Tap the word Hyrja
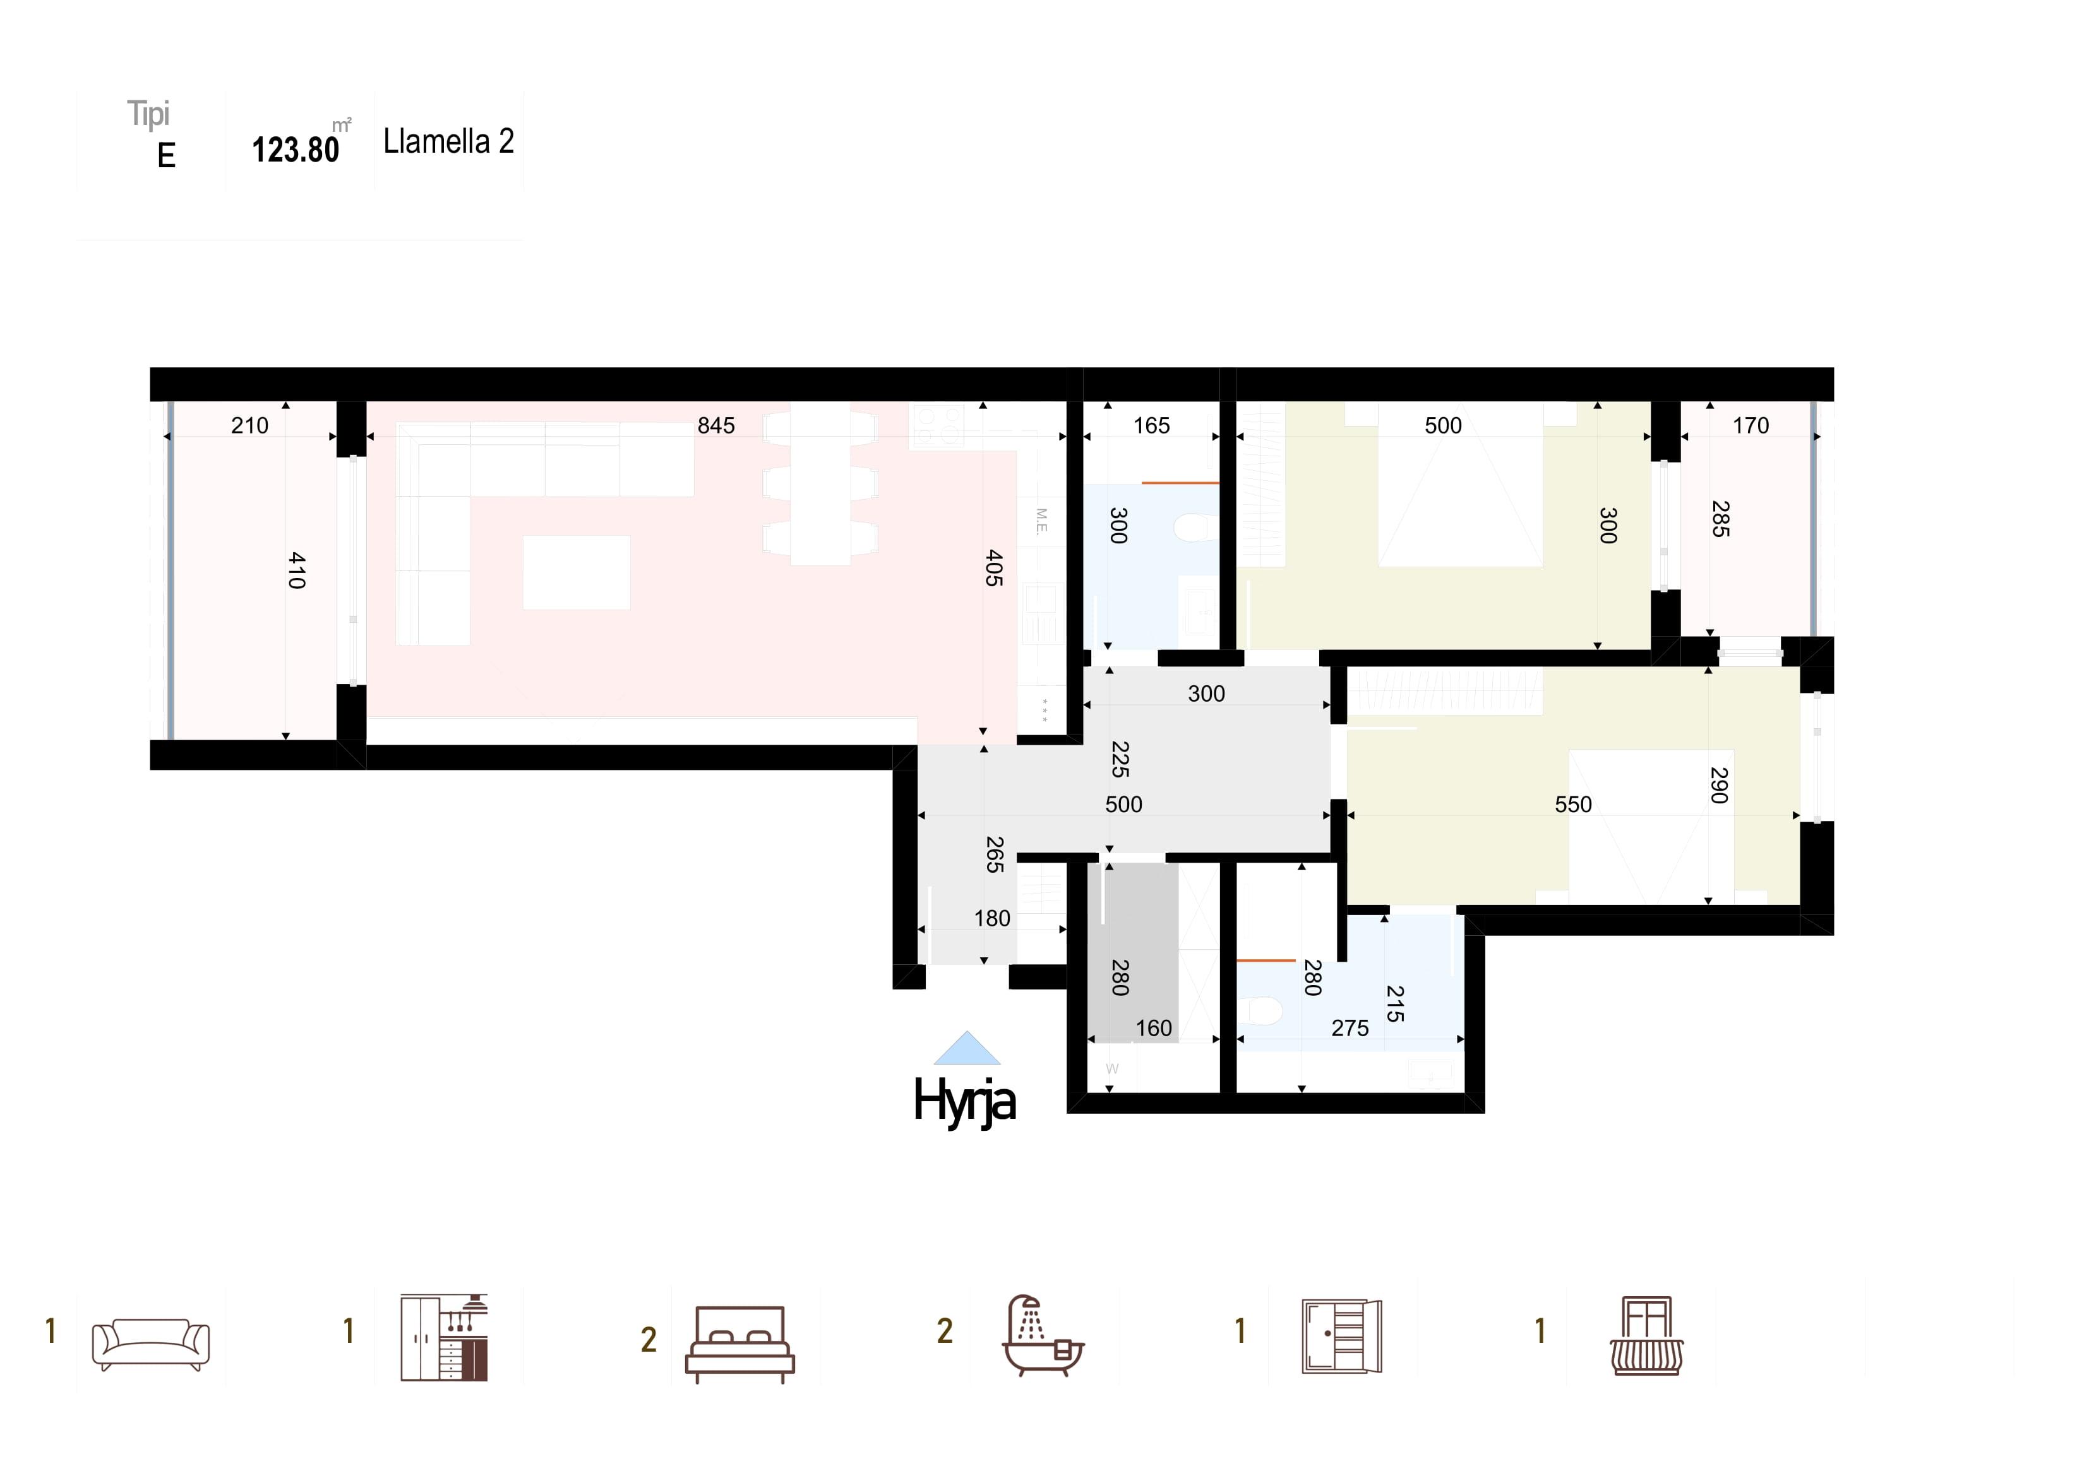pos(964,1101)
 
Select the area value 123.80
pos(296,150)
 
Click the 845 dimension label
pos(716,425)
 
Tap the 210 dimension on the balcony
pos(250,425)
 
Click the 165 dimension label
pos(1151,425)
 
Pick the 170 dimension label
pos(1751,425)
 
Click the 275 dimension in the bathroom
pos(1350,1029)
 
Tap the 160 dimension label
pos(1154,1029)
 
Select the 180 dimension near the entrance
pos(993,919)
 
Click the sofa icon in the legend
pos(151,1345)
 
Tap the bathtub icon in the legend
pos(1044,1335)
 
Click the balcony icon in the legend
pos(1647,1336)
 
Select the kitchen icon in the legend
pos(444,1338)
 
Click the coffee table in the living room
pos(577,572)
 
